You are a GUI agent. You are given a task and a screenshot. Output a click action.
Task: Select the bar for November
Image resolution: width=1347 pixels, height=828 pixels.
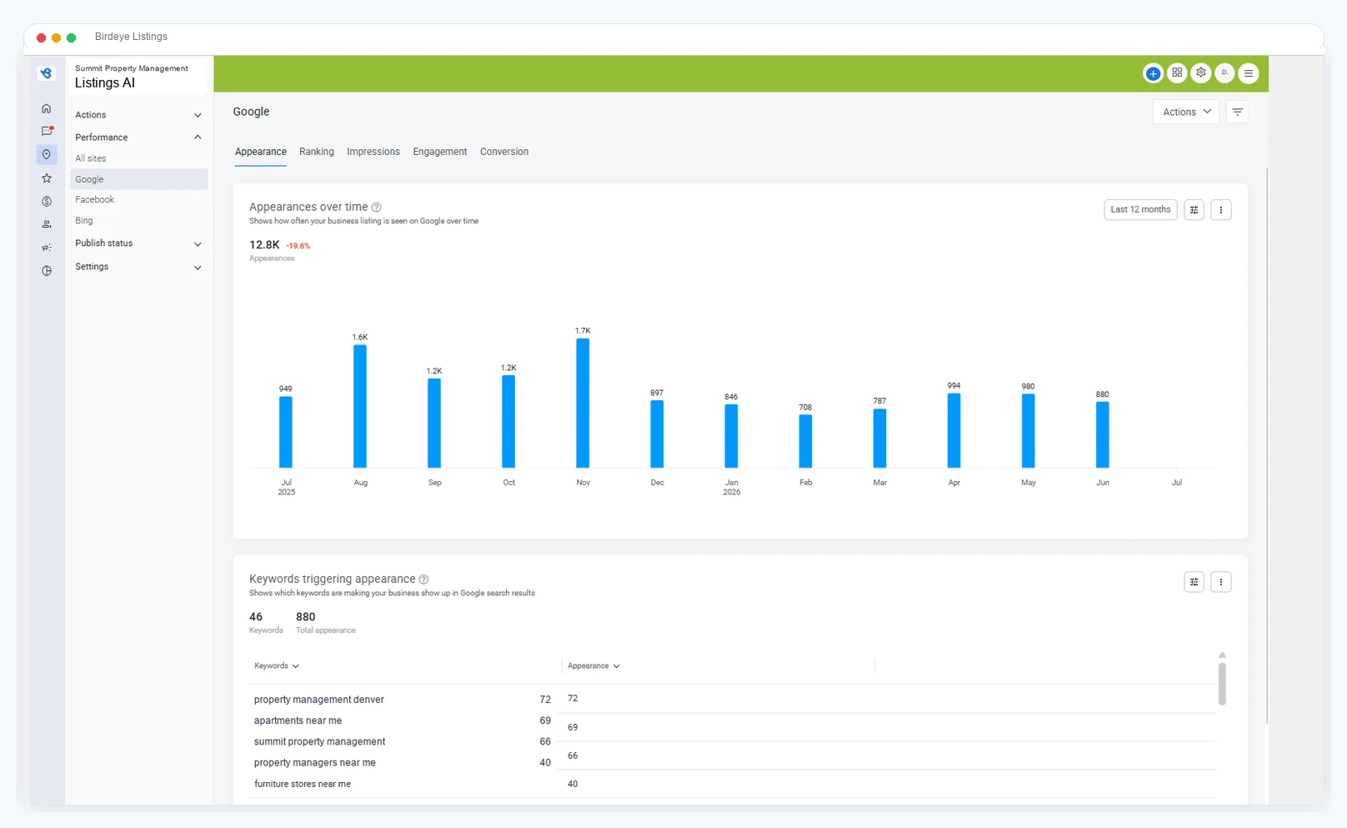[x=583, y=403]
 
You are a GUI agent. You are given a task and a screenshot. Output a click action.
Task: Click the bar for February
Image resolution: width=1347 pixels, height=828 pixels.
[x=805, y=441]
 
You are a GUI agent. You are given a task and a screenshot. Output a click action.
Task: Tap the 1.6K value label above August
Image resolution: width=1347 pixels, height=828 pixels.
[x=359, y=337]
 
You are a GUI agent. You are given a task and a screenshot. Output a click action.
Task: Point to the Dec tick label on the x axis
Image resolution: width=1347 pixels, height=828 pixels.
[x=658, y=483]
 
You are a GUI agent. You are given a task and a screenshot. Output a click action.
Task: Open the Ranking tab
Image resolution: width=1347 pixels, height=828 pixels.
[x=316, y=152]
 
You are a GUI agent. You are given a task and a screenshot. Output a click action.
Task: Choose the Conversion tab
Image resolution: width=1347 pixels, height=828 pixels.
[x=504, y=152]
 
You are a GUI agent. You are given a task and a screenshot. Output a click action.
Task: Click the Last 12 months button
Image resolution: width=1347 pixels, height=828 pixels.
[x=1140, y=209]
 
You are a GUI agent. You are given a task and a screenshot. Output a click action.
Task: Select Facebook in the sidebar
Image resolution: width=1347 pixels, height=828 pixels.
[x=94, y=199]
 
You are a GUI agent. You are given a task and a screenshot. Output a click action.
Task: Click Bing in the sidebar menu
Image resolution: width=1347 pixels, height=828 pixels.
[x=83, y=220]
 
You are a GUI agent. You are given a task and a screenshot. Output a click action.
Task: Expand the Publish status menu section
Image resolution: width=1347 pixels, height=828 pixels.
[x=138, y=243]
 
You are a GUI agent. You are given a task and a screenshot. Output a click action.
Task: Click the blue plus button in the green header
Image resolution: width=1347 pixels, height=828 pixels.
[x=1153, y=73]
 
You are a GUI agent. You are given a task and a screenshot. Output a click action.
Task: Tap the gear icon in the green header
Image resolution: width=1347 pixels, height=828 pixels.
[x=1201, y=73]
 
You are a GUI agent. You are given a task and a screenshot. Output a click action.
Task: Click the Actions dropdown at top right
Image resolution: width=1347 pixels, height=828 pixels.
[x=1186, y=112]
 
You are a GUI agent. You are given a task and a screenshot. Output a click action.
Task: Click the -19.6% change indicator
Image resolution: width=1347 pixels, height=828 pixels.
[x=298, y=245]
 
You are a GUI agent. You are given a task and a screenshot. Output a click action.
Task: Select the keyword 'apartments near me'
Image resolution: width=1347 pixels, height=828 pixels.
[x=298, y=720]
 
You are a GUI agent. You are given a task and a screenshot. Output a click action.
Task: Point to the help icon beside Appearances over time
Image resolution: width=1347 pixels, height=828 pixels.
[x=377, y=207]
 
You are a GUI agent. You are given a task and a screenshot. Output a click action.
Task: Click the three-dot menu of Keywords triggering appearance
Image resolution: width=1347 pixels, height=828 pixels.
[x=1220, y=582]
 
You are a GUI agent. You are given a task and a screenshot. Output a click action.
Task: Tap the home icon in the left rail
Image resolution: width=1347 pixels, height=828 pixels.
[x=47, y=108]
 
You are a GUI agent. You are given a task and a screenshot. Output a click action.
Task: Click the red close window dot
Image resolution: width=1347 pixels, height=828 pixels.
[x=41, y=38]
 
